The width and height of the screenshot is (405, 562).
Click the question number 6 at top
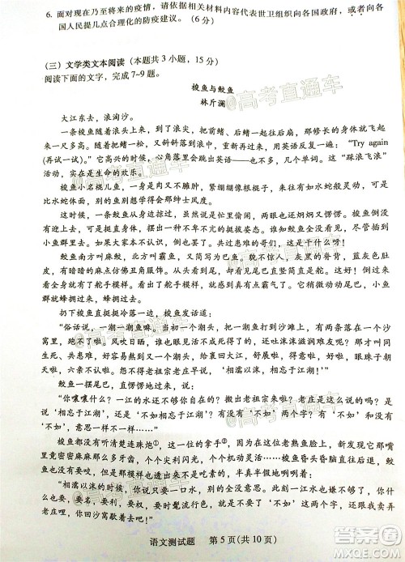(28, 16)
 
